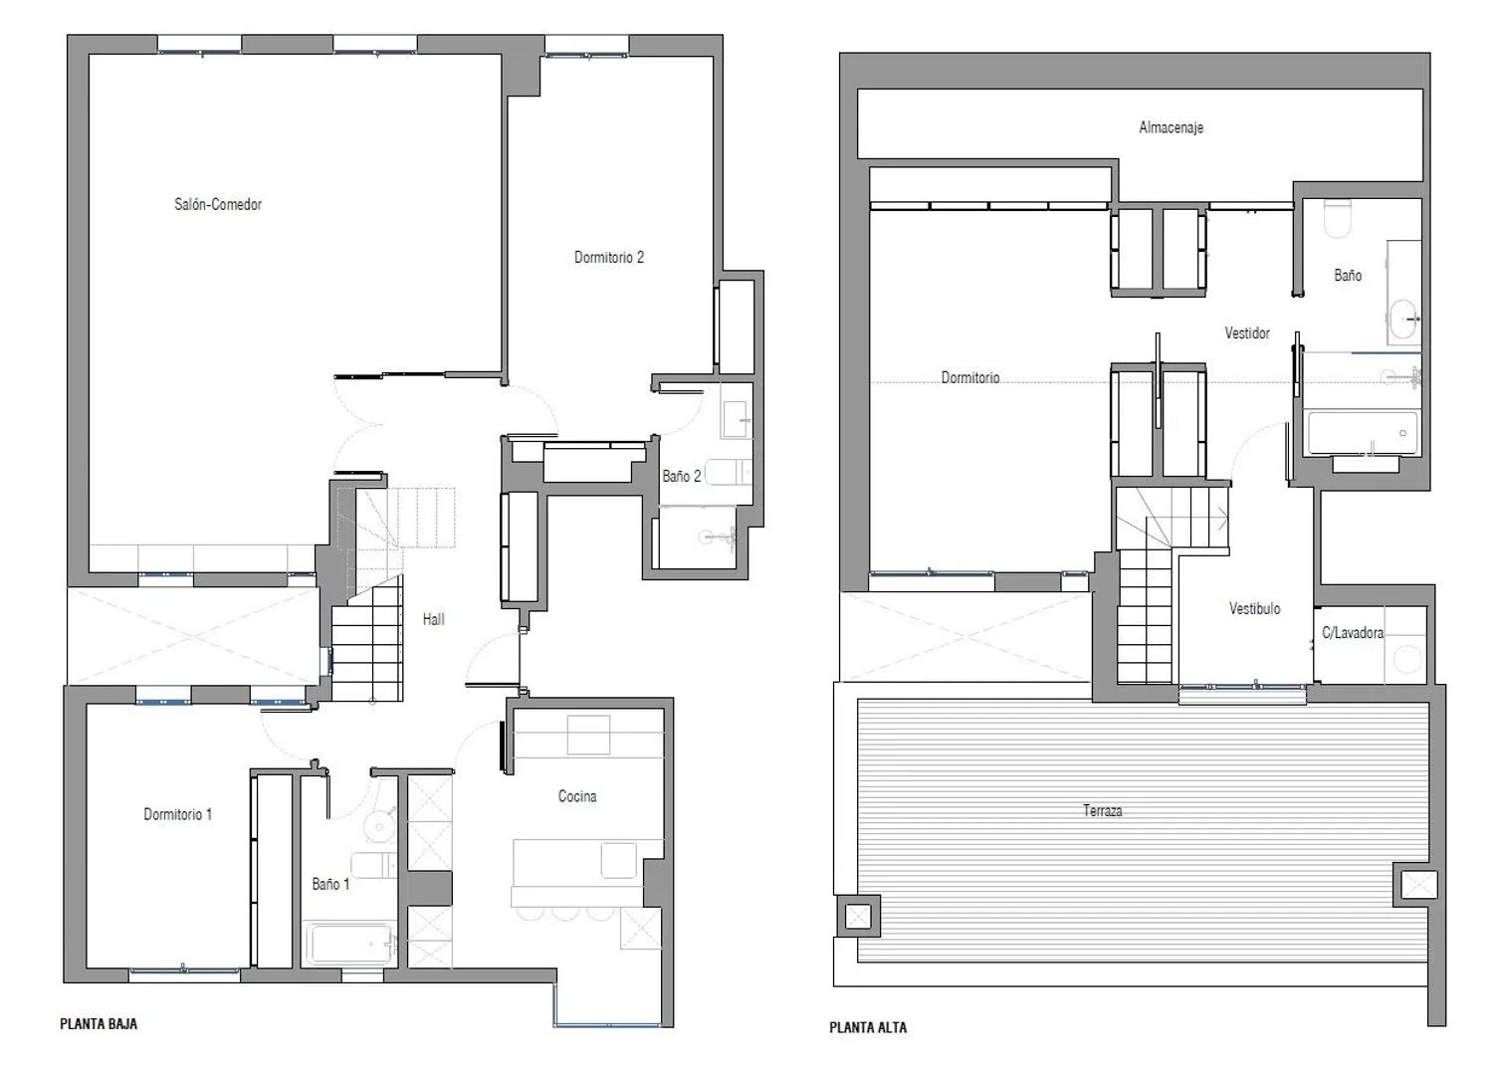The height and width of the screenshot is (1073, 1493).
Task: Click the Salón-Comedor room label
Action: click(218, 204)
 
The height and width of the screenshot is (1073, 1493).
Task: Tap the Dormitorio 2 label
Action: click(609, 257)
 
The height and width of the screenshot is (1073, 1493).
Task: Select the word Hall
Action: click(433, 619)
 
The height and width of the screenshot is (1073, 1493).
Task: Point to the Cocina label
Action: click(577, 795)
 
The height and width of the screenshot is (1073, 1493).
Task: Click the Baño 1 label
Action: click(330, 884)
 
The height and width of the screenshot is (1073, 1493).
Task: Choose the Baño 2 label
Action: click(681, 476)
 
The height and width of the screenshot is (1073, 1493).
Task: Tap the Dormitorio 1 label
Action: click(177, 814)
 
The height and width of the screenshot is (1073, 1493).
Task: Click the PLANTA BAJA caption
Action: click(99, 1023)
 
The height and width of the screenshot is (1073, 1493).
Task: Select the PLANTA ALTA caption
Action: click(868, 1027)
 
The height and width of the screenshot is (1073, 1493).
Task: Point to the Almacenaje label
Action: click(1172, 127)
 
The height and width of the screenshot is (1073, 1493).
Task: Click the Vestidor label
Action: click(1247, 332)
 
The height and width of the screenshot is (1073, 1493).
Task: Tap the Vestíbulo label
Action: click(1254, 608)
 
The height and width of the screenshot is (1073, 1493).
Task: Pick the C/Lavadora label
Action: click(1353, 632)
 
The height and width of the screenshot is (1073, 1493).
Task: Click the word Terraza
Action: click(1103, 810)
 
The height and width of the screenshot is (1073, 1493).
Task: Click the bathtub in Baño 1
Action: click(350, 944)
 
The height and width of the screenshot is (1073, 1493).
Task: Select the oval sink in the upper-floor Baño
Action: click(1403, 321)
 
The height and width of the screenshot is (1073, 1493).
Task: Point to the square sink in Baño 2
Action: click(736, 419)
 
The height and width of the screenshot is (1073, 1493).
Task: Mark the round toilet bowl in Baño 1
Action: click(378, 826)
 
